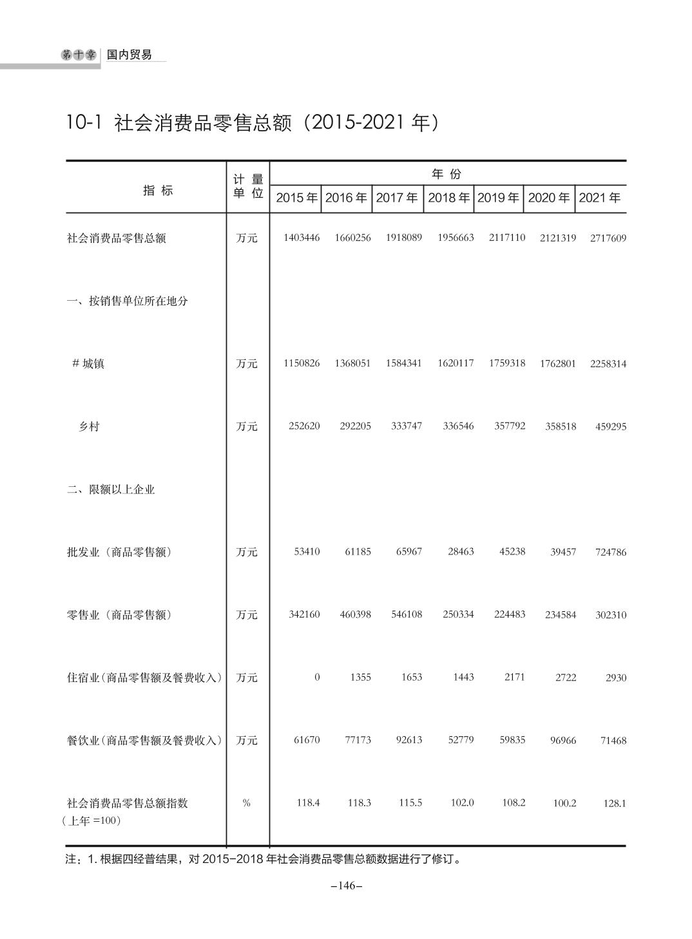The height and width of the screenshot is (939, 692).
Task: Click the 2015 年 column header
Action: pos(297,198)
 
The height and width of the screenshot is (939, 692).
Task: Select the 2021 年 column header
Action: pos(599,198)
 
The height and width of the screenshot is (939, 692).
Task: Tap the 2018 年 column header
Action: pos(448,198)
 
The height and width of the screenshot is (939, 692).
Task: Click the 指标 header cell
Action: pos(158,190)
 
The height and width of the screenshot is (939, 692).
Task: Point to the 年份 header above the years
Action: pos(447,174)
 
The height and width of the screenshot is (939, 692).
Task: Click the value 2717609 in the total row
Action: pos(608,238)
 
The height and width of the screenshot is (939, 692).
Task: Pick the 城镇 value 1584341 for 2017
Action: pos(403,363)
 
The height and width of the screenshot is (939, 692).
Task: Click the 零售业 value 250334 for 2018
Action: pos(458,614)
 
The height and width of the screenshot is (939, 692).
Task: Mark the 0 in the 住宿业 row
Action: pos(316,677)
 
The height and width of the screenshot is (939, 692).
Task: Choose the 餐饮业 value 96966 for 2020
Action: pos(561,741)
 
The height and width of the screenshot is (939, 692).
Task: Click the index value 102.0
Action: pos(462,803)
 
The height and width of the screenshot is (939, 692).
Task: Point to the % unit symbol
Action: pos(246,803)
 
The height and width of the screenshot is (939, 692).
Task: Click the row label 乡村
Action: pos(89,426)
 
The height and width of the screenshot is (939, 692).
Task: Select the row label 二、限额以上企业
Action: pos(111,489)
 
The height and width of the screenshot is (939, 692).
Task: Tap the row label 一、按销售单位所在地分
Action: pos(128,301)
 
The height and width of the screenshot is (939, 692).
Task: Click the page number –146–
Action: pos(347,886)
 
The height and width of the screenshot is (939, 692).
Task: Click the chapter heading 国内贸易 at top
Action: pos(130,55)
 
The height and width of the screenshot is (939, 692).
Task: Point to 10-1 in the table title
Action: pos(84,122)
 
